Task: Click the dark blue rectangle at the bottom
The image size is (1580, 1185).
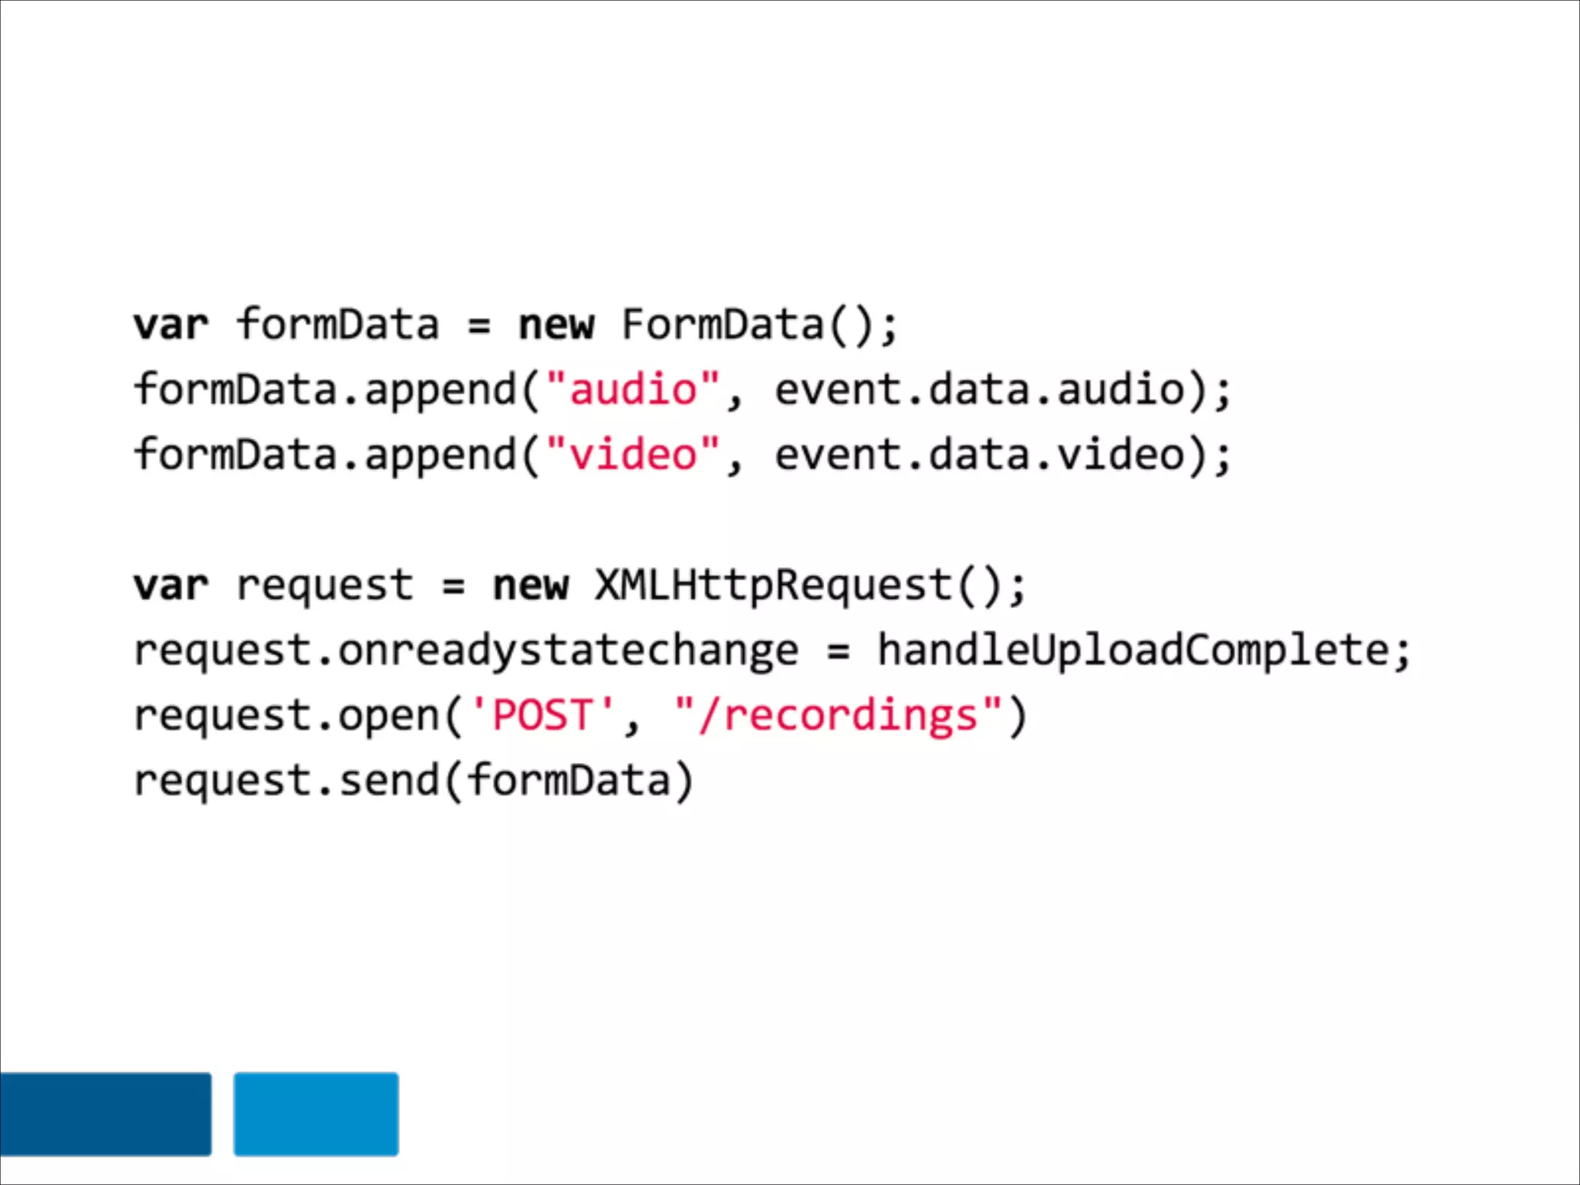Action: [105, 1113]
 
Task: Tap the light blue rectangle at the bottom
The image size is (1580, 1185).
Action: [316, 1113]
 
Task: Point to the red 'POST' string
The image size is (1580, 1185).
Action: [542, 715]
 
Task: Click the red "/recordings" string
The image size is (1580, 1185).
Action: [838, 715]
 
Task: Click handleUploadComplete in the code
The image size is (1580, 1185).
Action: [1134, 650]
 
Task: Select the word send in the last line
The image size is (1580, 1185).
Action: [389, 781]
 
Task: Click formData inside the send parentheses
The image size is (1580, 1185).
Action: [569, 780]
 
